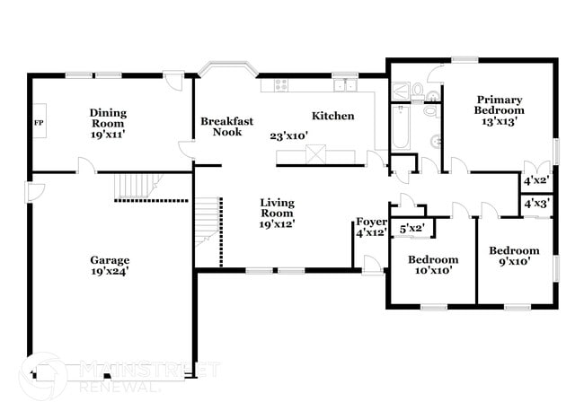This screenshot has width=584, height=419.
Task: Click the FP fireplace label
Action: tap(39, 121)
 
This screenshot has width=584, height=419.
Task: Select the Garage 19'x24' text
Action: tap(109, 266)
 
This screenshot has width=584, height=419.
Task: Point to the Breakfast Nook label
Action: tap(226, 127)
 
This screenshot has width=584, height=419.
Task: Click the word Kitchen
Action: tap(332, 116)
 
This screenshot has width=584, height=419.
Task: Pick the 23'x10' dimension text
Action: tap(289, 136)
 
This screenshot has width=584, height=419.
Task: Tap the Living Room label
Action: tap(277, 214)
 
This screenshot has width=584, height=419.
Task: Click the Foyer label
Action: tap(371, 226)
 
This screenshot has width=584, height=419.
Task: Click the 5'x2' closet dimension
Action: tap(411, 229)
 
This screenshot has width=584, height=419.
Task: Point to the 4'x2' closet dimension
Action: tap(536, 181)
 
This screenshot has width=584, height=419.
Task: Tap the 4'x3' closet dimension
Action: tap(536, 204)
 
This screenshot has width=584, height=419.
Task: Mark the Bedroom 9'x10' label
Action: tap(514, 256)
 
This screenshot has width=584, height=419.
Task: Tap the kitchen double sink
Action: tap(345, 85)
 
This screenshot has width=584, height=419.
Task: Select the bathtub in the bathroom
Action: tap(401, 127)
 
